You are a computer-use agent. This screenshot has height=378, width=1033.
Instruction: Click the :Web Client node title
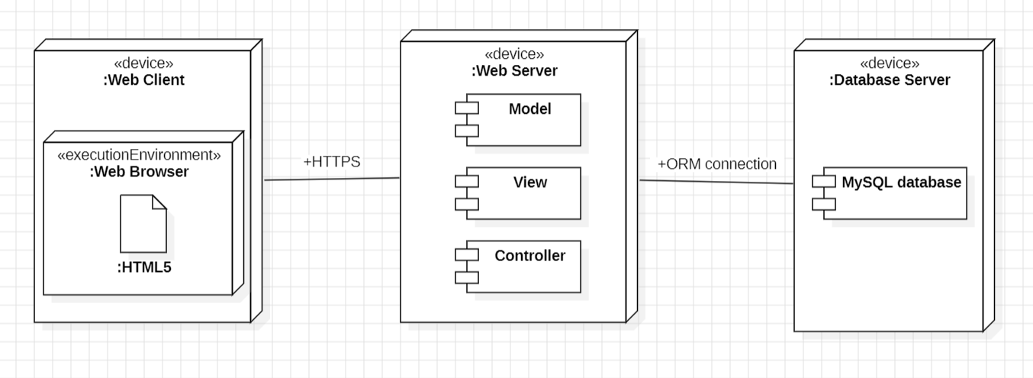[143, 79]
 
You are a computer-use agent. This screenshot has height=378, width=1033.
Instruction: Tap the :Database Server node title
[890, 80]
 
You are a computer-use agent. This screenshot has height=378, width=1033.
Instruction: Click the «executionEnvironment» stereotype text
[140, 155]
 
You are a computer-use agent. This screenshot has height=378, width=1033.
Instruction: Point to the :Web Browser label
[139, 172]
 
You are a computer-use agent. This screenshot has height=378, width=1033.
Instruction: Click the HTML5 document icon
[143, 224]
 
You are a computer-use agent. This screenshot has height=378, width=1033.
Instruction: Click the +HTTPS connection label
[332, 162]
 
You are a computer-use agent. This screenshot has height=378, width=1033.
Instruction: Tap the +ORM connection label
[717, 163]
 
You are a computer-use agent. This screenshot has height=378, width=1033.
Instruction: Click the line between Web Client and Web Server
[332, 179]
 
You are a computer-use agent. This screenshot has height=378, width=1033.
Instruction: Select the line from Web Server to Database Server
[717, 182]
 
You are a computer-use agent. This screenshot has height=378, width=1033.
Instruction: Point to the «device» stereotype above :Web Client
[143, 63]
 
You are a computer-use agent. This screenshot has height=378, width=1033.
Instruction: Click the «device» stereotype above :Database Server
[890, 63]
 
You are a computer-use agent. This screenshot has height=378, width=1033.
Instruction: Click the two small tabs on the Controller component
[467, 267]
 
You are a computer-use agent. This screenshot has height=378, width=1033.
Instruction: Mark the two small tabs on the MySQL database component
[824, 193]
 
